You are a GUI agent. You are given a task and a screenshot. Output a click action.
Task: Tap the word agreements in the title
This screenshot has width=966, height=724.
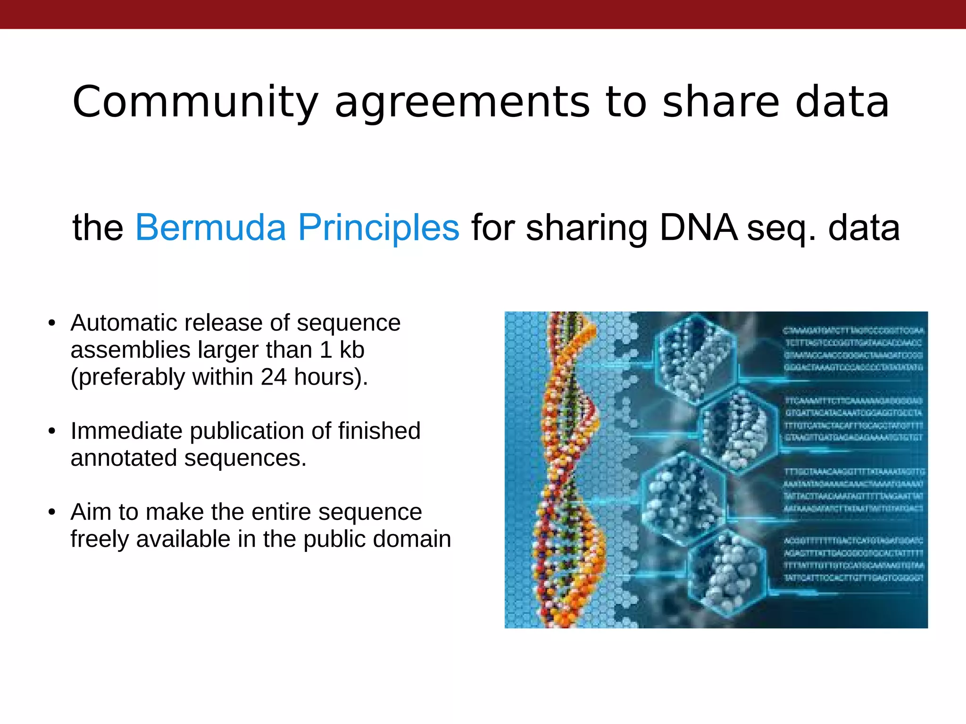(462, 103)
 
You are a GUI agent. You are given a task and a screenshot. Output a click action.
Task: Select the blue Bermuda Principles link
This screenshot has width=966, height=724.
(297, 228)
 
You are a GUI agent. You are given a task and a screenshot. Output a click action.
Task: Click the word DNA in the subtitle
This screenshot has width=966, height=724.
(698, 228)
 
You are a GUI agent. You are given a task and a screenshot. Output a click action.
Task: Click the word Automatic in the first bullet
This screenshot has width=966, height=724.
(123, 323)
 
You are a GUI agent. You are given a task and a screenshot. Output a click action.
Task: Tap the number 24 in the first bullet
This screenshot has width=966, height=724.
(273, 377)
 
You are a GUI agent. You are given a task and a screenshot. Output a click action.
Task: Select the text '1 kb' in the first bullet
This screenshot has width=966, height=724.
(342, 350)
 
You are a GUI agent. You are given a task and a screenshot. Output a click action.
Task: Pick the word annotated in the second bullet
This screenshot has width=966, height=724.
(124, 458)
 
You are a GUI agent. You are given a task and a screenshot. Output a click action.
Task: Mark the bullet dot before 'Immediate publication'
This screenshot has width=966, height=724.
(52, 431)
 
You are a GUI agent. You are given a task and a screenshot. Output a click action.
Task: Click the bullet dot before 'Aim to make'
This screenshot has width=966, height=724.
(52, 512)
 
